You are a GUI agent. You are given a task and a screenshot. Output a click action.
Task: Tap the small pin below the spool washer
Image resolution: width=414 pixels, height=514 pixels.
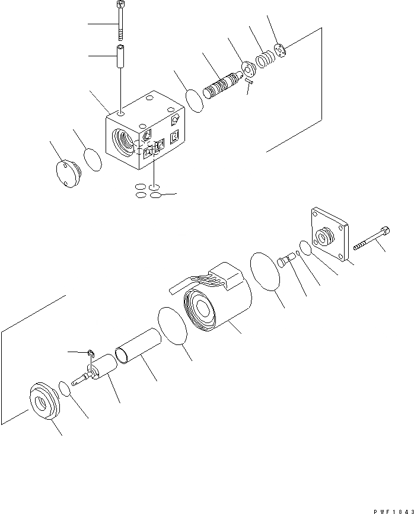(x=249, y=84)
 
